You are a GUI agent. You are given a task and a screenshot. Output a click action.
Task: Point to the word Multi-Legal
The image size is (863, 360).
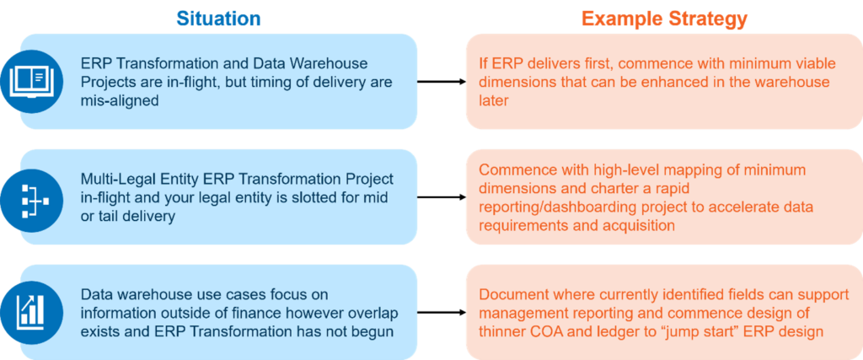[118, 180]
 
